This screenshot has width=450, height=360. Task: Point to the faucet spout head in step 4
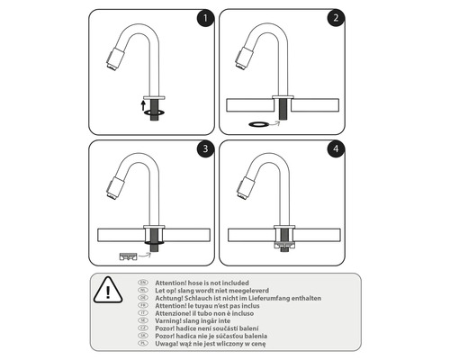tap(244, 189)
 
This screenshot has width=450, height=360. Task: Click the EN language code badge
tap(143, 281)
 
